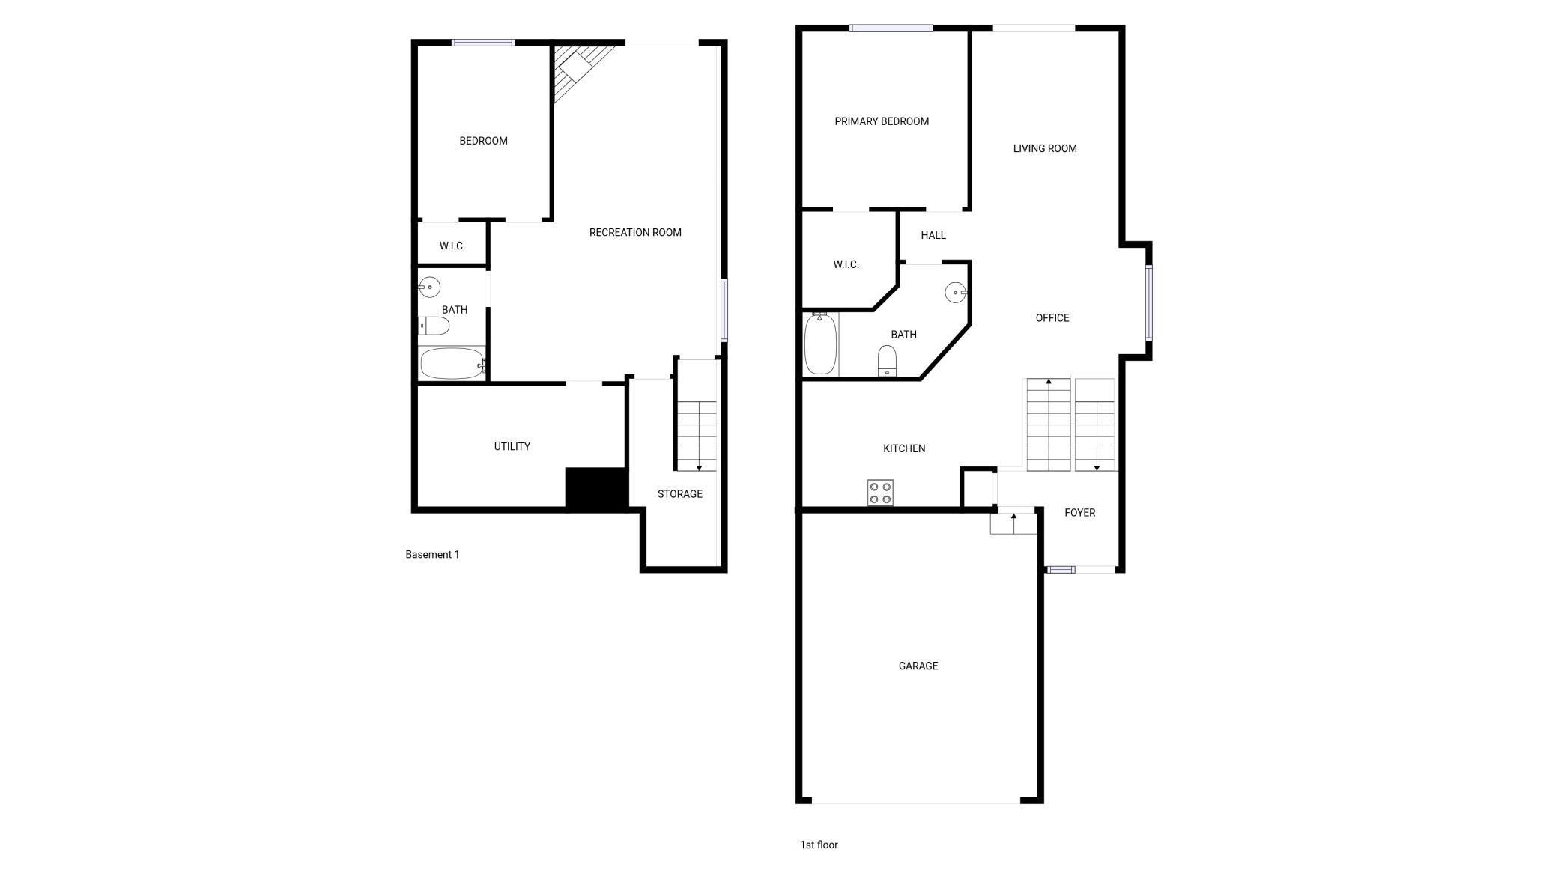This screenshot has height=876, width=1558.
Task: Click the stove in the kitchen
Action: (x=880, y=493)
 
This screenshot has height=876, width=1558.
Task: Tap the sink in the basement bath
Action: (x=429, y=287)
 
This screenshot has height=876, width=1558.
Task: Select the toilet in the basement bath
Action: (x=434, y=326)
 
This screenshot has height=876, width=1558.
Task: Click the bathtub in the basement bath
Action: (x=452, y=364)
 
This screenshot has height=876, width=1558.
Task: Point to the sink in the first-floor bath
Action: (x=957, y=292)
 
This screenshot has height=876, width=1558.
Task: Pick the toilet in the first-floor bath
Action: (x=887, y=360)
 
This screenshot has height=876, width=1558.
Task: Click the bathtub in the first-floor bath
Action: (x=820, y=344)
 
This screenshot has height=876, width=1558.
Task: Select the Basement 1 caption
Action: (x=432, y=555)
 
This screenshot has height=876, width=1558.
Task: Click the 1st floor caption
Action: (x=819, y=845)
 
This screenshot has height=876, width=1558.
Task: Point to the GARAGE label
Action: (x=918, y=666)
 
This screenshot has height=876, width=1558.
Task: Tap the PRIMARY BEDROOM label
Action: (x=882, y=121)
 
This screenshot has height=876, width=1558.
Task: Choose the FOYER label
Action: (x=1080, y=513)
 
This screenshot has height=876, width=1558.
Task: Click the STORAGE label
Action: (x=680, y=494)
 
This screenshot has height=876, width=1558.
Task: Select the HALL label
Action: (x=933, y=235)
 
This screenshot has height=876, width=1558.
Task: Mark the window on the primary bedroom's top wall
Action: (x=891, y=28)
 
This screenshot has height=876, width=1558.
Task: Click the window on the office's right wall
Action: (x=1148, y=302)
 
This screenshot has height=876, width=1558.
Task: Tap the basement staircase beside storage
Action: (x=697, y=436)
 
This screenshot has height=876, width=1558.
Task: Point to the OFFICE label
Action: (x=1052, y=318)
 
